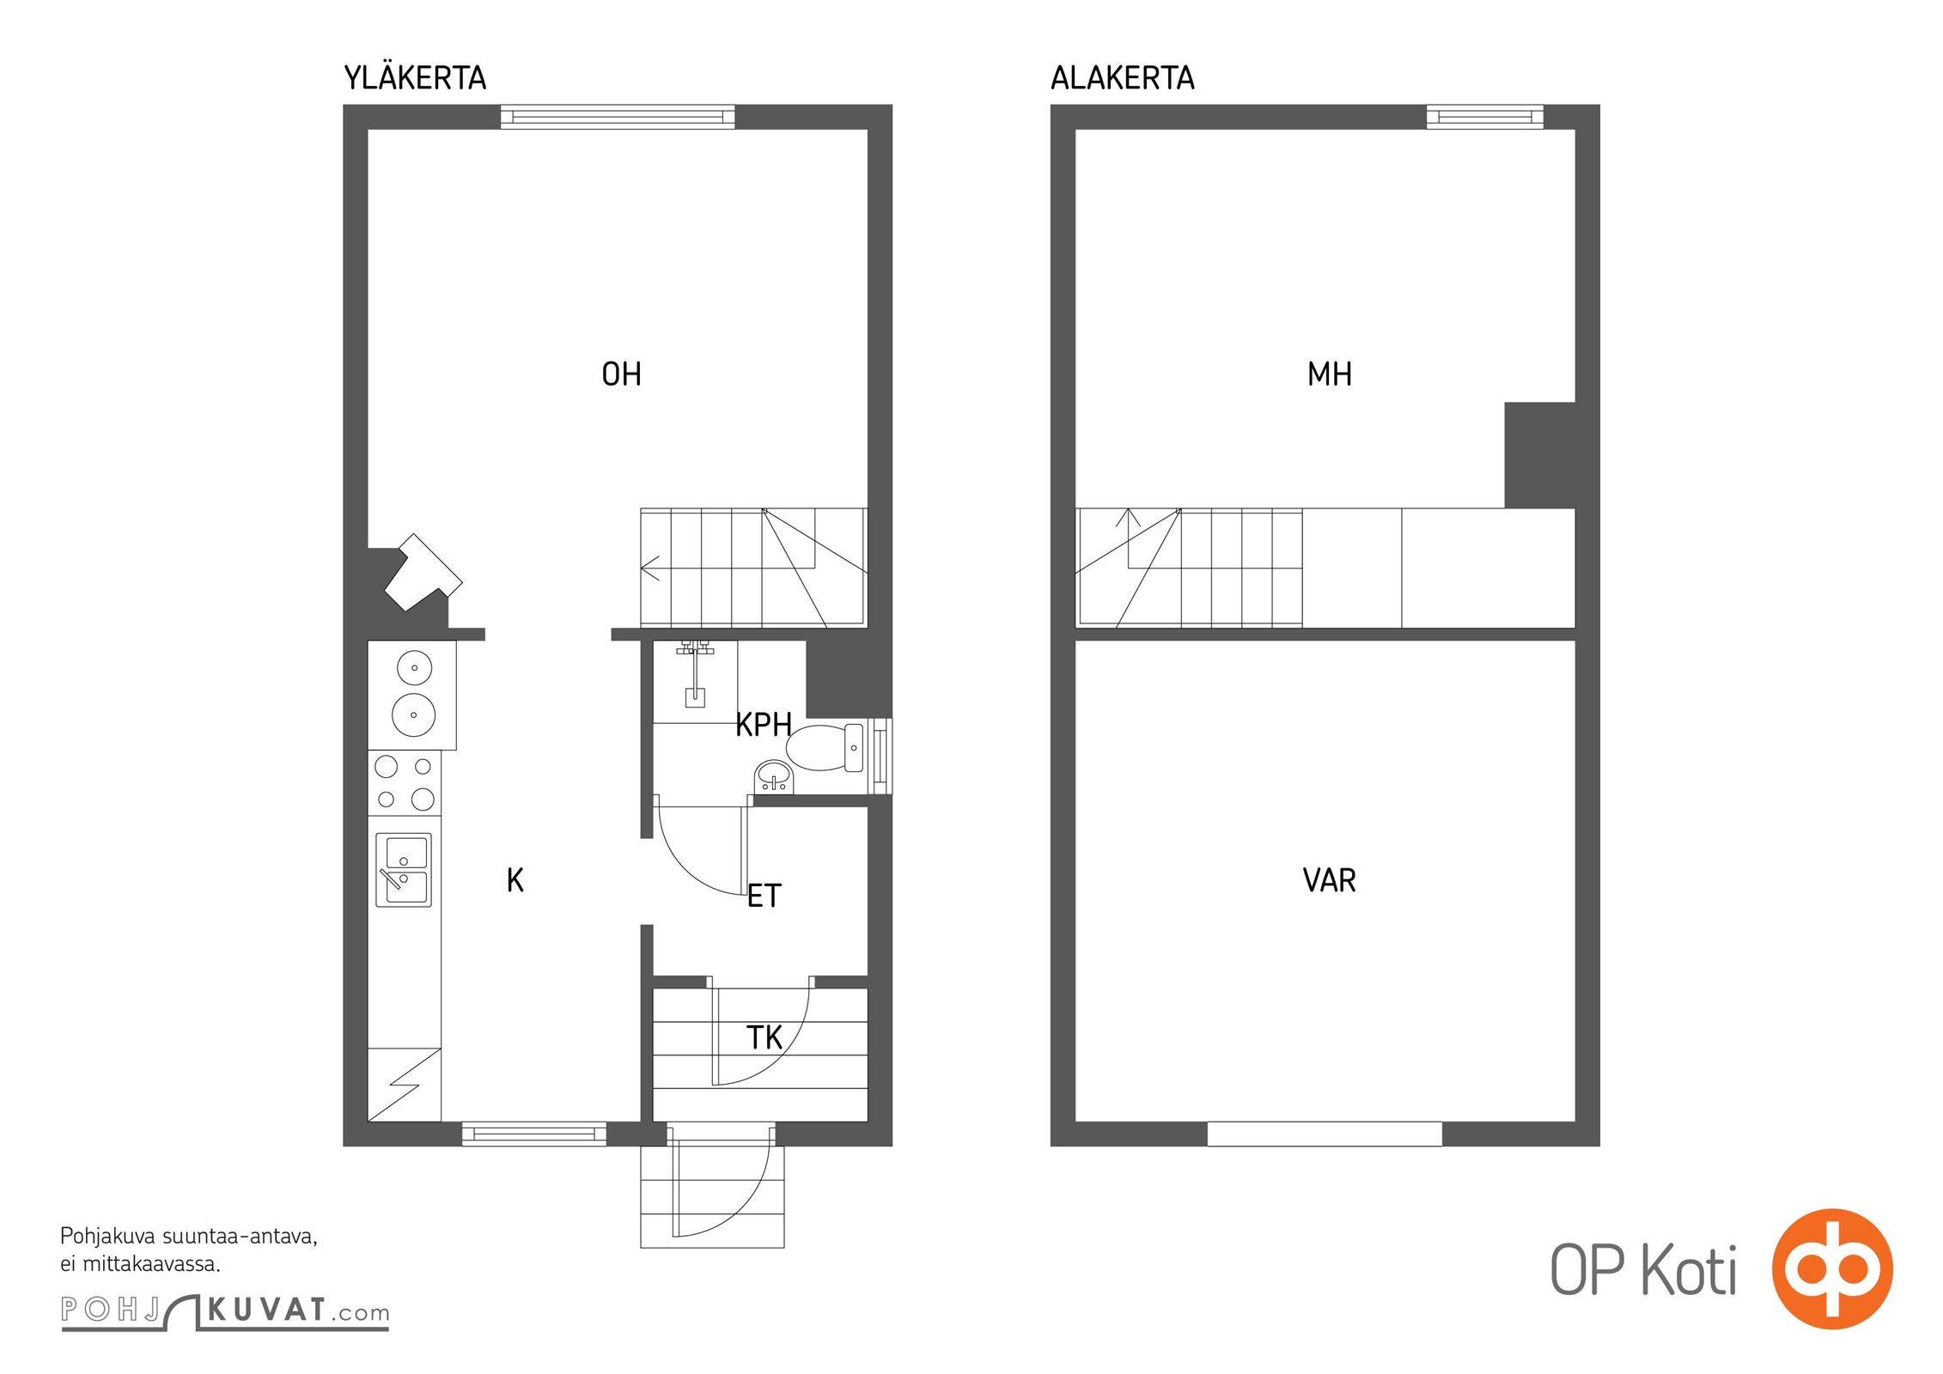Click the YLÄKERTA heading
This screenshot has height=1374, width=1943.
pyautogui.click(x=415, y=77)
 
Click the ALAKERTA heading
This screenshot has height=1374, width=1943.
pyautogui.click(x=1122, y=78)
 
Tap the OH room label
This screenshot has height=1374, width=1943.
pyautogui.click(x=621, y=374)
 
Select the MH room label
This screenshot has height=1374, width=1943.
pyautogui.click(x=1329, y=374)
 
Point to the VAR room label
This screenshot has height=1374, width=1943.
pyautogui.click(x=1329, y=881)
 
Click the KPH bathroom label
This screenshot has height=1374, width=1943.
pyautogui.click(x=763, y=725)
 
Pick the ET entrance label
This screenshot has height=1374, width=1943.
pyautogui.click(x=764, y=897)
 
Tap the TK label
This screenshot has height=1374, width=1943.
pyautogui.click(x=764, y=1038)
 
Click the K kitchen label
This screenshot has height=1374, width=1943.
pyautogui.click(x=515, y=881)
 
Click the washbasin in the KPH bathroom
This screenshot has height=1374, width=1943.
pyautogui.click(x=774, y=778)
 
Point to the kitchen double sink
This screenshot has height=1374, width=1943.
pyautogui.click(x=404, y=869)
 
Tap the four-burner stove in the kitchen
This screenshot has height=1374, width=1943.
pyautogui.click(x=405, y=783)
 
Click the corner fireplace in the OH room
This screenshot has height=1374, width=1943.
pyautogui.click(x=422, y=573)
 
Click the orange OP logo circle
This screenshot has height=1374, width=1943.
pyautogui.click(x=1832, y=1268)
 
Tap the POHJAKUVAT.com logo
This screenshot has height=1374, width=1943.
pyautogui.click(x=225, y=1311)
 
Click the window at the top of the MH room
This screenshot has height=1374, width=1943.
pyautogui.click(x=1484, y=117)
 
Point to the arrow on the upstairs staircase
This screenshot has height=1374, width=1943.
pyautogui.click(x=650, y=568)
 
